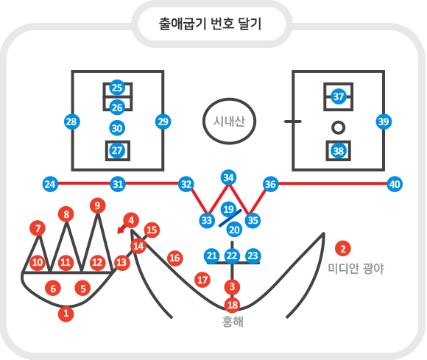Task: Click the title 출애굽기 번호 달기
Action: [x=210, y=24]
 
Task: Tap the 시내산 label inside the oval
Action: [x=229, y=121]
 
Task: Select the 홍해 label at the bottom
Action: [x=233, y=322]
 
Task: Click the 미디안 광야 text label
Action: [x=356, y=269]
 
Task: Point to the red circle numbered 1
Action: [x=66, y=314]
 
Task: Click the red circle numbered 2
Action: [x=343, y=248]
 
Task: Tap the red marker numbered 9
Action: [x=97, y=205]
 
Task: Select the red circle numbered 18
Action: [x=233, y=305]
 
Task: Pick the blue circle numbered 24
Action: [x=50, y=184]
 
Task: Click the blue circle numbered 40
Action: [x=395, y=184]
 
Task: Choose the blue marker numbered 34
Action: [x=228, y=177]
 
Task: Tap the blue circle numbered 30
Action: [x=117, y=128]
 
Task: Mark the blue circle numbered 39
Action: [x=384, y=121]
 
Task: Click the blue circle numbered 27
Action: [x=117, y=151]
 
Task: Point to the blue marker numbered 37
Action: [x=339, y=96]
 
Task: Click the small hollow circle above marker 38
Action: [x=339, y=127]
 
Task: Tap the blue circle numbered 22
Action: [x=232, y=255]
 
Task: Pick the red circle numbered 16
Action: [x=174, y=258]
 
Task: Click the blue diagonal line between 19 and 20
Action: [x=230, y=218]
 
